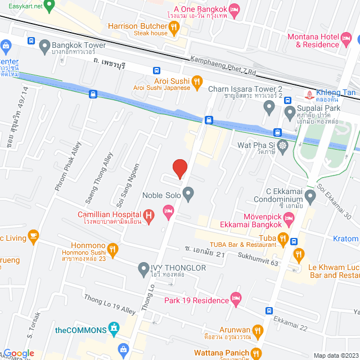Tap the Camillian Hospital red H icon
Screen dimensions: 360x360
point(148,214)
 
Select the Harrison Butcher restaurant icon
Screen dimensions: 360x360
point(174,26)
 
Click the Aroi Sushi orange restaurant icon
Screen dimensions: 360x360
point(197,82)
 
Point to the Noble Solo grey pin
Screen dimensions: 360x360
point(188,195)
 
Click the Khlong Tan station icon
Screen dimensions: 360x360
point(308,94)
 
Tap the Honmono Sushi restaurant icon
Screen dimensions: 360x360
point(112,249)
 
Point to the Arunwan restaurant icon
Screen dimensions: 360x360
point(258,331)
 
